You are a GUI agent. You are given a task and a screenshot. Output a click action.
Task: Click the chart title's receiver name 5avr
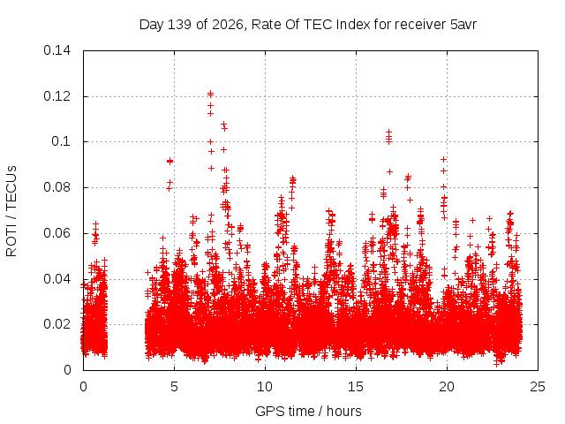click(463, 25)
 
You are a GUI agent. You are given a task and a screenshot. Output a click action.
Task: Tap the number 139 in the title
click(180, 25)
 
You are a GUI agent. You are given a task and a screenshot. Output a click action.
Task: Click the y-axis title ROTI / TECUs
click(11, 211)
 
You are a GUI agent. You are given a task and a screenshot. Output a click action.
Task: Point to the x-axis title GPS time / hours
click(308, 411)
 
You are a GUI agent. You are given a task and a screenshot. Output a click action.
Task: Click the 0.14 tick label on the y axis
click(56, 50)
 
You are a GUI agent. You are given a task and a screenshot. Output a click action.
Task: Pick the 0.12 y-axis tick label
click(56, 96)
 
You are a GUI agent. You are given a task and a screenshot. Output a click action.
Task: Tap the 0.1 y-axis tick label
click(61, 141)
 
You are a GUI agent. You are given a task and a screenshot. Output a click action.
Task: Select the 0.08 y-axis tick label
click(56, 187)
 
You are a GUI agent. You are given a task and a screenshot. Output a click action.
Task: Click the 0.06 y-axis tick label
click(56, 233)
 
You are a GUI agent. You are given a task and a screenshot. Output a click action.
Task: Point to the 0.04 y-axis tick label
click(56, 279)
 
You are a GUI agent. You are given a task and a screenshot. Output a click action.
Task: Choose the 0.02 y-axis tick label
click(56, 324)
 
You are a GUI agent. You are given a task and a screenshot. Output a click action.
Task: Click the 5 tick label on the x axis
click(174, 387)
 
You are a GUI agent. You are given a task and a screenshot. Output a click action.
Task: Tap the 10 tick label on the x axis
click(265, 387)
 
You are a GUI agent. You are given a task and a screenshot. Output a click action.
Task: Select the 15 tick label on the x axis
click(356, 387)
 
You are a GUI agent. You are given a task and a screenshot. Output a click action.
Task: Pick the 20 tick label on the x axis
click(447, 387)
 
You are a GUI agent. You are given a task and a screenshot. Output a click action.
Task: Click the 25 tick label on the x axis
click(538, 387)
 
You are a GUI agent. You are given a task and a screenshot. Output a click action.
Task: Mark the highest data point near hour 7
click(211, 94)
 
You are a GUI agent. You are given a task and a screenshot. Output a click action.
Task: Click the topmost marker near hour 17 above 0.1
click(388, 132)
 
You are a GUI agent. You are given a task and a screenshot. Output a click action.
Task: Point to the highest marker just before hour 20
click(443, 159)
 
